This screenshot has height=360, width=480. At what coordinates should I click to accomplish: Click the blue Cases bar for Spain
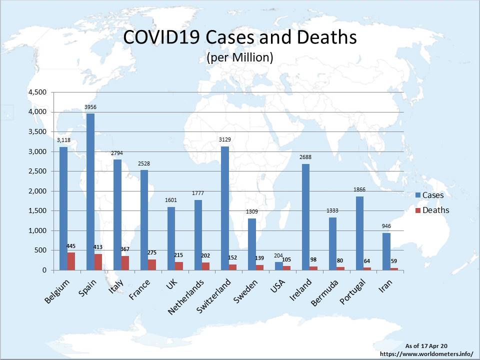coord(90,192)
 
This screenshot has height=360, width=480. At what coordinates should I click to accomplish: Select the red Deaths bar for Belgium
coord(71,261)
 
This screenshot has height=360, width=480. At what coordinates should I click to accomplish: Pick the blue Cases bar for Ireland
coord(305,217)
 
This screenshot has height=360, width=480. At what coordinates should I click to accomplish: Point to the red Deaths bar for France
coord(152,264)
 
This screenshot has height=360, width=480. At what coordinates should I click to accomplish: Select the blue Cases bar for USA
coord(278,266)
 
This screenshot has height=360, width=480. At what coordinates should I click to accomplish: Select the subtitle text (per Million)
coord(239,57)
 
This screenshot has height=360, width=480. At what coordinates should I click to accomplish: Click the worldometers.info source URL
coord(426,353)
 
